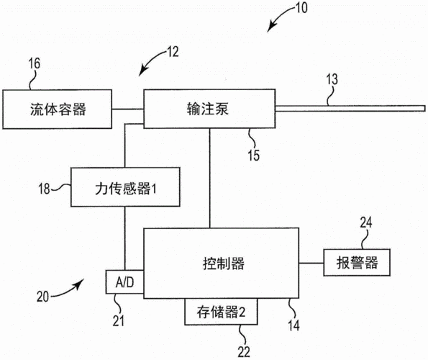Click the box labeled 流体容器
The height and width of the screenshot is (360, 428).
(58, 109)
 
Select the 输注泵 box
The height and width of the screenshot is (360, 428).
(209, 109)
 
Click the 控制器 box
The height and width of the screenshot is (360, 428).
(222, 263)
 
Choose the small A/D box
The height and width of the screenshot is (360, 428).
(124, 284)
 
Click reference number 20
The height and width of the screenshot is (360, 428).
(45, 295)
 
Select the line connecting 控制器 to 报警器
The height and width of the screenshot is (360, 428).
(311, 263)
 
